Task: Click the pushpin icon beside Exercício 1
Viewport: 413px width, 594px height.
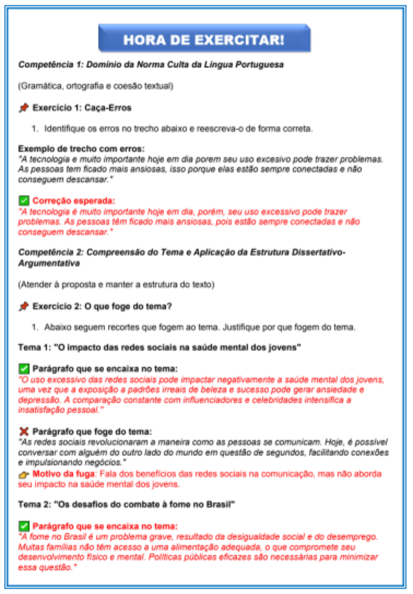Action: [x=24, y=108]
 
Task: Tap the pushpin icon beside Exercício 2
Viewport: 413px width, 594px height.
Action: [x=24, y=306]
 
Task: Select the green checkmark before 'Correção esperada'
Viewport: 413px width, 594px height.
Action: [x=24, y=201]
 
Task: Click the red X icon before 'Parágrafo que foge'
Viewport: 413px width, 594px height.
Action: [x=24, y=431]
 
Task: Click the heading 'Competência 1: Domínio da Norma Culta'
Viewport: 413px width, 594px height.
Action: [x=151, y=65]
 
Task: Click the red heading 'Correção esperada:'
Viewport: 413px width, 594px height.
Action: [x=74, y=201]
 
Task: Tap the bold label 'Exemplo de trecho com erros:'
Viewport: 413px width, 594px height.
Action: [x=81, y=148]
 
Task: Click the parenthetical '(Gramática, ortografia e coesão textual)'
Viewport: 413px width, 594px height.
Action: [x=95, y=86]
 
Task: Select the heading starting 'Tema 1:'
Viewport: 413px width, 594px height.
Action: [x=159, y=347]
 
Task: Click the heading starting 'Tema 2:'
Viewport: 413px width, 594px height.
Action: [x=126, y=504]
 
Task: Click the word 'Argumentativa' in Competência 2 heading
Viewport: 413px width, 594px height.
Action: [x=49, y=263]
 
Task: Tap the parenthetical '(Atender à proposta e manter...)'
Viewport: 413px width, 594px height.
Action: [x=116, y=285]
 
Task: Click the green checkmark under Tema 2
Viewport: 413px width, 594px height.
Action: [x=24, y=526]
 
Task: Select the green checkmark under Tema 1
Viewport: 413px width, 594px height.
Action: [x=24, y=369]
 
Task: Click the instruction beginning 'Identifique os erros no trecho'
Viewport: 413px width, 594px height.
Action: [x=178, y=129]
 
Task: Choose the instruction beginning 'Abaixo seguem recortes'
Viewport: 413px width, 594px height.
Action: [x=199, y=327]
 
